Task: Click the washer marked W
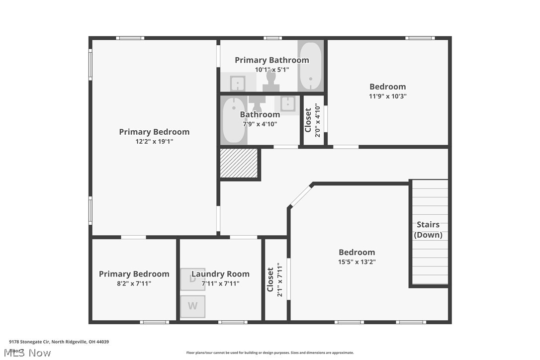pos(192,306)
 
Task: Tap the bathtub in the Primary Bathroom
pos(310,66)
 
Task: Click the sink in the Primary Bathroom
pos(238,83)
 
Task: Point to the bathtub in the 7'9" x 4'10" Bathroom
pos(233,120)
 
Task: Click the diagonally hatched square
pos(239,163)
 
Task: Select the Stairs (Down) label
pos(428,230)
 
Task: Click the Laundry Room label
pos(220,274)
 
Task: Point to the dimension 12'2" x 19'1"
pos(154,142)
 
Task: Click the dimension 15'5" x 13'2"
pos(357,262)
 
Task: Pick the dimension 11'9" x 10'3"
pos(387,96)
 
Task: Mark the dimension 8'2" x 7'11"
pos(134,283)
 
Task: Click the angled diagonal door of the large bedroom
pos(300,196)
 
